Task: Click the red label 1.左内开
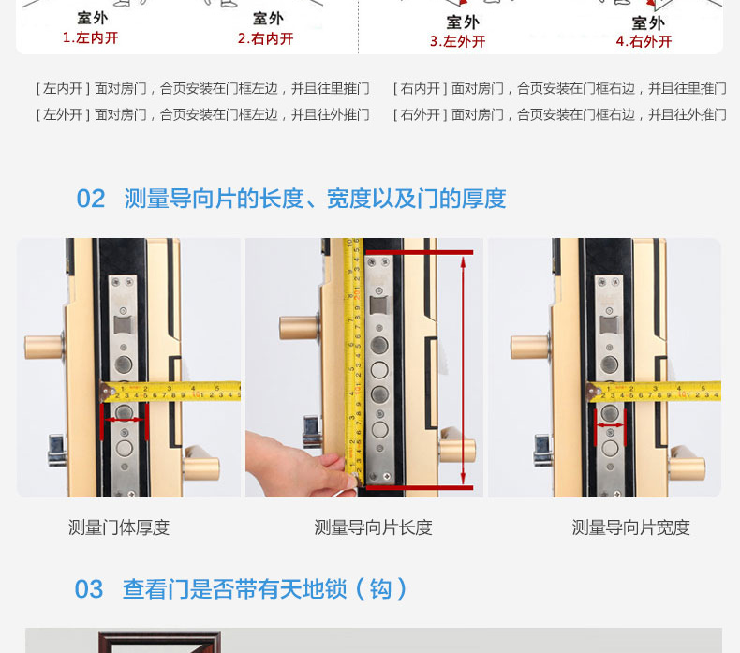pos(90,37)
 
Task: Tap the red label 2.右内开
pos(266,38)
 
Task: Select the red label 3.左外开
pos(457,41)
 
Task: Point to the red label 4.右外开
pos(644,41)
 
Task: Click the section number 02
pos(91,199)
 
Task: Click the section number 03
pos(89,589)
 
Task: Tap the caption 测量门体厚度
pos(119,527)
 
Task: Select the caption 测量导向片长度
pos(374,527)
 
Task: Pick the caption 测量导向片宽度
pos(631,527)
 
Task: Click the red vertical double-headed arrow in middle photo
pos(463,370)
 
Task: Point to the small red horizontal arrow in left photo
pos(125,420)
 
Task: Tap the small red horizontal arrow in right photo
pos(610,425)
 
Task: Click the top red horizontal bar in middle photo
pos(419,253)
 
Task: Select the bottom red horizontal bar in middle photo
pos(419,487)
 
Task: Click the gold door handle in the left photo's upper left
pos(44,347)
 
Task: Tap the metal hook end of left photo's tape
pos(107,393)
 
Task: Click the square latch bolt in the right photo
pos(609,325)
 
